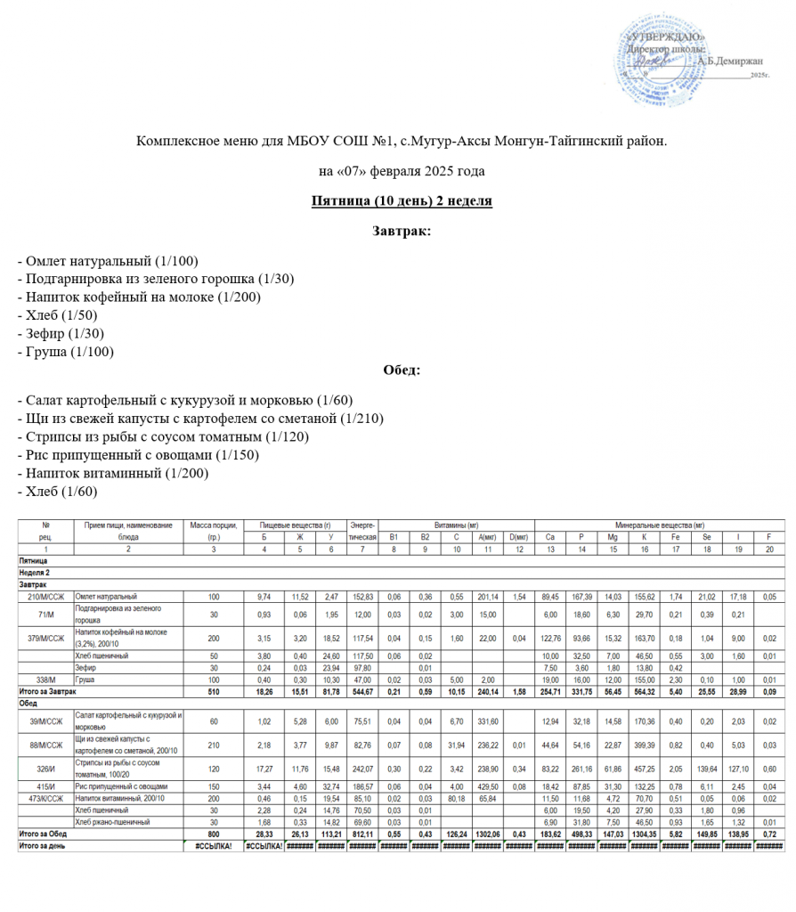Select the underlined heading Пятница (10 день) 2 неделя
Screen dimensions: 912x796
pyautogui.click(x=401, y=201)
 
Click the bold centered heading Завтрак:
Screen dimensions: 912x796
pyautogui.click(x=401, y=231)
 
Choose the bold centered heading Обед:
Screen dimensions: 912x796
pyautogui.click(x=401, y=370)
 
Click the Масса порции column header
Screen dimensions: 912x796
pyautogui.click(x=212, y=525)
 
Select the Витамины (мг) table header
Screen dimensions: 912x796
pyautogui.click(x=456, y=525)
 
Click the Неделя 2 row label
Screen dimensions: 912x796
pyautogui.click(x=36, y=572)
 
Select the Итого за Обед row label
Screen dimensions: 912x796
pyautogui.click(x=45, y=833)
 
